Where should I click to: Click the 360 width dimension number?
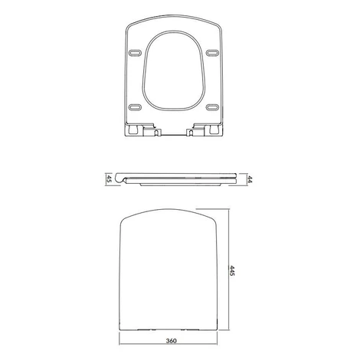171,341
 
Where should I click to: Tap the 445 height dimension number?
232,270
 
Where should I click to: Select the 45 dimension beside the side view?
109,178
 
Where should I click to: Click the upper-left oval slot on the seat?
135,53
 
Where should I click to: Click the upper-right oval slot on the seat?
212,53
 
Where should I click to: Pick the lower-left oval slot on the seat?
135,107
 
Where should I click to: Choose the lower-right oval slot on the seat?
212,107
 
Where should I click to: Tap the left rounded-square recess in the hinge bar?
133,129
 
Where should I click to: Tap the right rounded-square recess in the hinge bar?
214,129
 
